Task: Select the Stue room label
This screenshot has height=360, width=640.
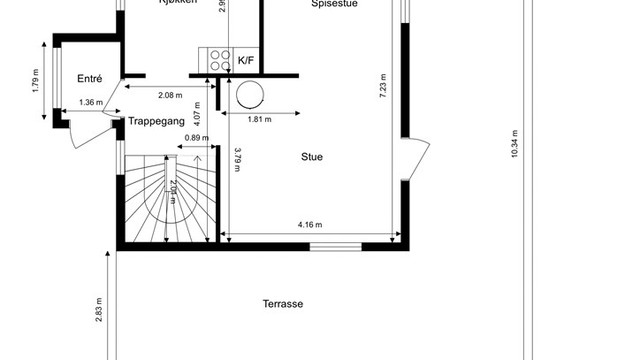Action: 312,156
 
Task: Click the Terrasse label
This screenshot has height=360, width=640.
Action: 283,304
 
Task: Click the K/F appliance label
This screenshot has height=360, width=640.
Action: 246,61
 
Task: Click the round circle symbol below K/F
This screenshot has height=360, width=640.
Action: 250,94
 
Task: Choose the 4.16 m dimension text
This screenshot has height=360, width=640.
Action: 310,225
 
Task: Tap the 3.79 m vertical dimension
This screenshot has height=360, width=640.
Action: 237,160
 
